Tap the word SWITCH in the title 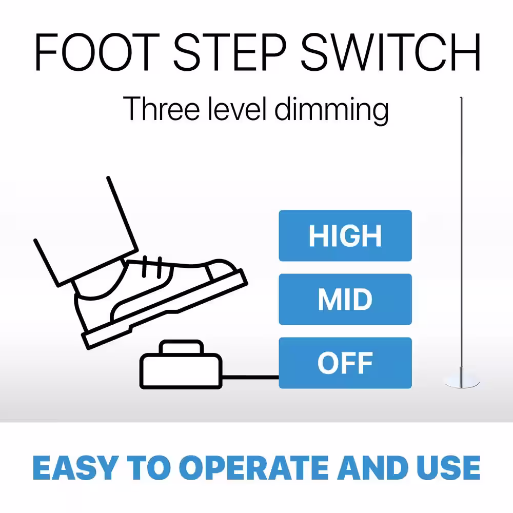tap(390, 52)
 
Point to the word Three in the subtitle tap(161, 109)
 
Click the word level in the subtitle tap(238, 109)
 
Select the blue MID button tap(345, 299)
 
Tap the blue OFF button tap(345, 363)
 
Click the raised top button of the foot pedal tap(181, 347)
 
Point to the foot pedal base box tap(181, 371)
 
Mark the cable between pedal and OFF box tap(251, 377)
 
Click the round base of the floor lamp tap(462, 383)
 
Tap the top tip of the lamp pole tap(461, 97)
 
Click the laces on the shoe tap(152, 267)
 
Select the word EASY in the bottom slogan tap(75, 468)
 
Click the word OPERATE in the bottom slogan tap(254, 468)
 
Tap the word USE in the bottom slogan tap(448, 468)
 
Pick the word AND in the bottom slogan tap(372, 468)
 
